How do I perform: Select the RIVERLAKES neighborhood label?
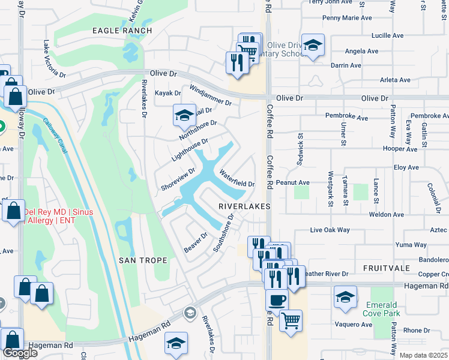(243, 206)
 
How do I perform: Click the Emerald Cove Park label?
(382, 309)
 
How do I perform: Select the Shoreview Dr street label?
(178, 179)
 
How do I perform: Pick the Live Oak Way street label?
(330, 230)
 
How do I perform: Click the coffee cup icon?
(276, 299)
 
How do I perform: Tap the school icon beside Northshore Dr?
(185, 115)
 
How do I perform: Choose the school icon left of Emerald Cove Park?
(346, 298)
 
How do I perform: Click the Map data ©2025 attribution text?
(423, 355)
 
